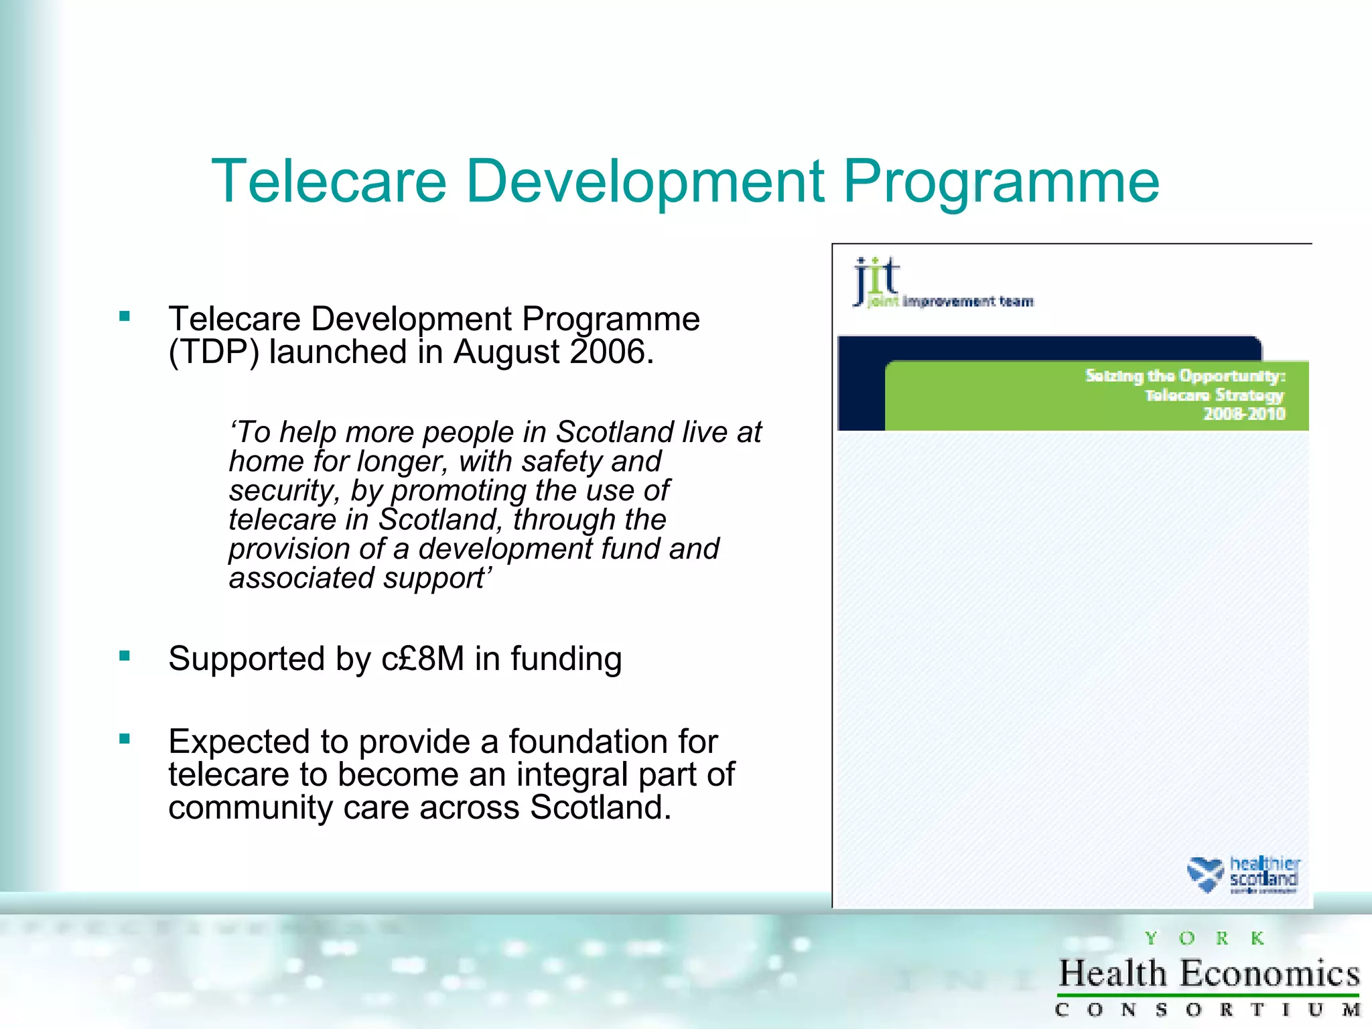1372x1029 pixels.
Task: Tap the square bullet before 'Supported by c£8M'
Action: pos(125,656)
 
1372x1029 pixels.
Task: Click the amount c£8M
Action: pos(423,659)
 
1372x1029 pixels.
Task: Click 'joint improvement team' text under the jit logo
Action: pos(950,301)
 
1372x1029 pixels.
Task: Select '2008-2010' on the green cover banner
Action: pos(1244,413)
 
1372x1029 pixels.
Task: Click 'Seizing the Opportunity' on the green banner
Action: pos(1184,376)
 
